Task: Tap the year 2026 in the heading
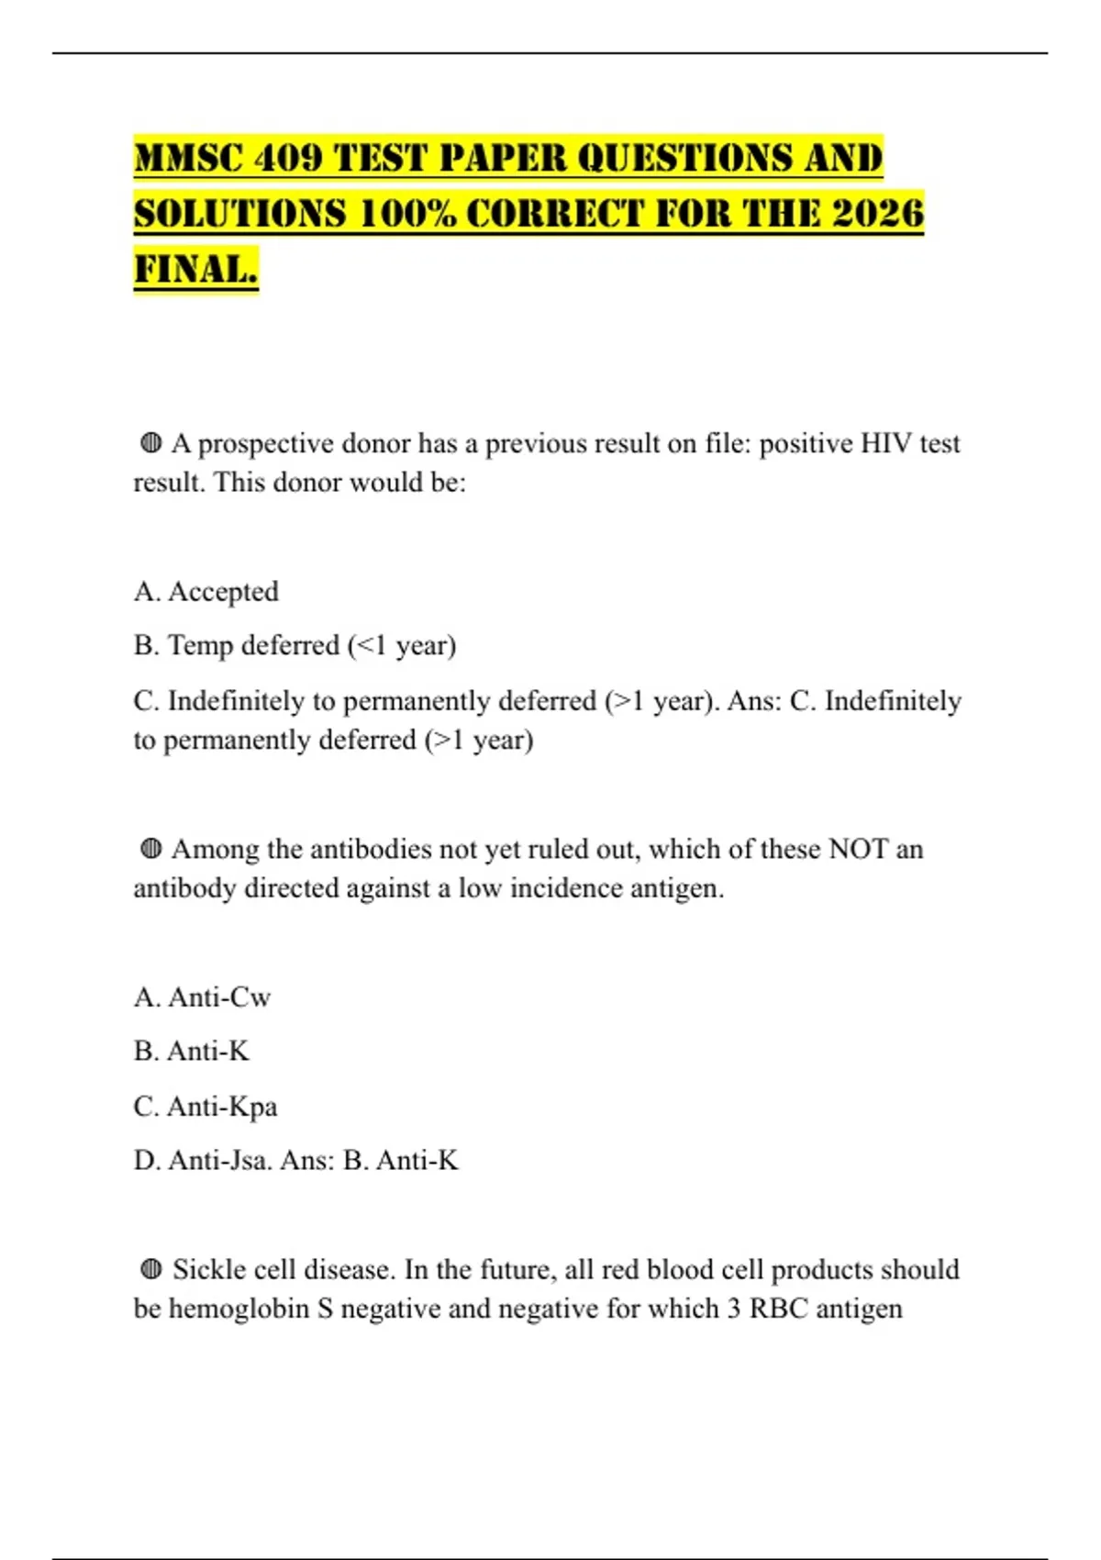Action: click(x=878, y=213)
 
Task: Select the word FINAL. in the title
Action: click(x=195, y=269)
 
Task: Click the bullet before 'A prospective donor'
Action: click(x=151, y=444)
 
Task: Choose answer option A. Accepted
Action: click(x=206, y=592)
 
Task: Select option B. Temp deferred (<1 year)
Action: click(x=295, y=646)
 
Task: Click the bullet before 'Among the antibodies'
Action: click(x=151, y=850)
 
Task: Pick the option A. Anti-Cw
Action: click(x=202, y=997)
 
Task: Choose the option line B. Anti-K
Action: click(x=191, y=1052)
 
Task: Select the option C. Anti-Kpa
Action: click(x=205, y=1107)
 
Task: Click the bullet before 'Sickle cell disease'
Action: click(x=151, y=1270)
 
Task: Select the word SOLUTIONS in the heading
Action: click(x=240, y=213)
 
